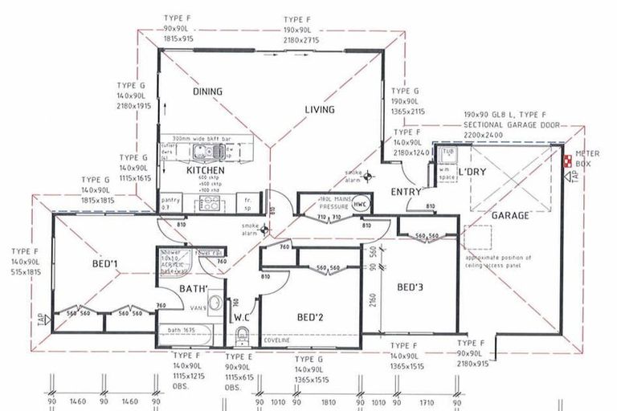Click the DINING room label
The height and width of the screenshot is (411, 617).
(x=207, y=92)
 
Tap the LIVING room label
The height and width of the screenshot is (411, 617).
(x=320, y=110)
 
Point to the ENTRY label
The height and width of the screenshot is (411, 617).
(x=407, y=193)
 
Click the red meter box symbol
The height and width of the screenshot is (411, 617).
(x=568, y=161)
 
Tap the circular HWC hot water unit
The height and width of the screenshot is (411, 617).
(x=361, y=204)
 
